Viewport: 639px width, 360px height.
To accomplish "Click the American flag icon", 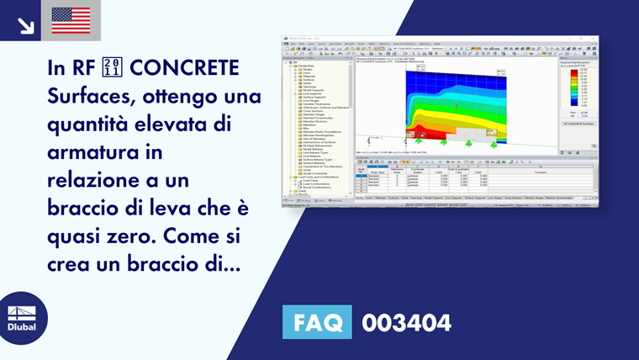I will (x=71, y=20).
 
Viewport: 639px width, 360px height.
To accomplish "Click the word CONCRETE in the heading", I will (x=184, y=68).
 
